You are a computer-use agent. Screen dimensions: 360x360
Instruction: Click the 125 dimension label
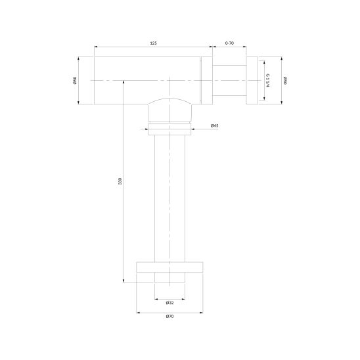(x=153, y=43)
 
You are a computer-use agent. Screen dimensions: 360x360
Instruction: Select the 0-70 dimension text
(x=229, y=43)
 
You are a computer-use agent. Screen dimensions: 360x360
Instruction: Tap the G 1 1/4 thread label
(x=267, y=80)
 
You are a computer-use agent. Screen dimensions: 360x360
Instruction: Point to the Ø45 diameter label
(x=214, y=126)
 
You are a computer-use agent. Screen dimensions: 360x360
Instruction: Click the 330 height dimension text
(x=120, y=181)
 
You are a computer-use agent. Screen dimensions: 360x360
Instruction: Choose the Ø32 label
(x=169, y=303)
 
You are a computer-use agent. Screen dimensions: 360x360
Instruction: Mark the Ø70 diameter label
(x=169, y=317)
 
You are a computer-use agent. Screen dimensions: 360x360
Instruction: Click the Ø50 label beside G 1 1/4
(x=285, y=80)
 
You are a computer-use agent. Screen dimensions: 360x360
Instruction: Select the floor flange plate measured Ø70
(x=169, y=267)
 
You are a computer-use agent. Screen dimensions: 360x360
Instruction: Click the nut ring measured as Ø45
(x=169, y=129)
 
